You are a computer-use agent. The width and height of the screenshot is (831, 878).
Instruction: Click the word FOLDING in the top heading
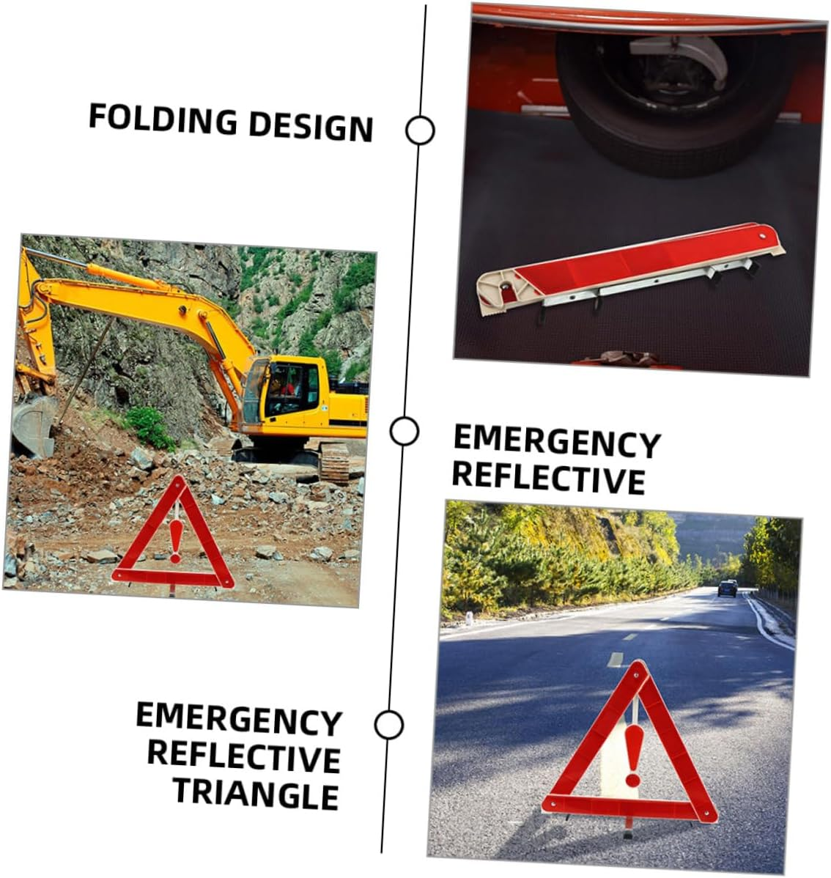[163, 119]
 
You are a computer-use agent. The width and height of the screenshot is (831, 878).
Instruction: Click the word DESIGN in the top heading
[311, 127]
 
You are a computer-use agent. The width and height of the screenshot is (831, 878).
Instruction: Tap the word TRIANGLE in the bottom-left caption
[256, 794]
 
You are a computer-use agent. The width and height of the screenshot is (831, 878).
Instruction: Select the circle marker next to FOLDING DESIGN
[420, 130]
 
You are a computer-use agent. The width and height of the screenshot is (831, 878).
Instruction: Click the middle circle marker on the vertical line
[404, 431]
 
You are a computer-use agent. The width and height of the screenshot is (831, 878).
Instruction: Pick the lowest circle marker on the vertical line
[388, 725]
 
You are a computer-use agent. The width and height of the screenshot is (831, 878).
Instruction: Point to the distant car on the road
[727, 588]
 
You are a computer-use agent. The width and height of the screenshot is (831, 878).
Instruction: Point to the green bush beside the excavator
[150, 427]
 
